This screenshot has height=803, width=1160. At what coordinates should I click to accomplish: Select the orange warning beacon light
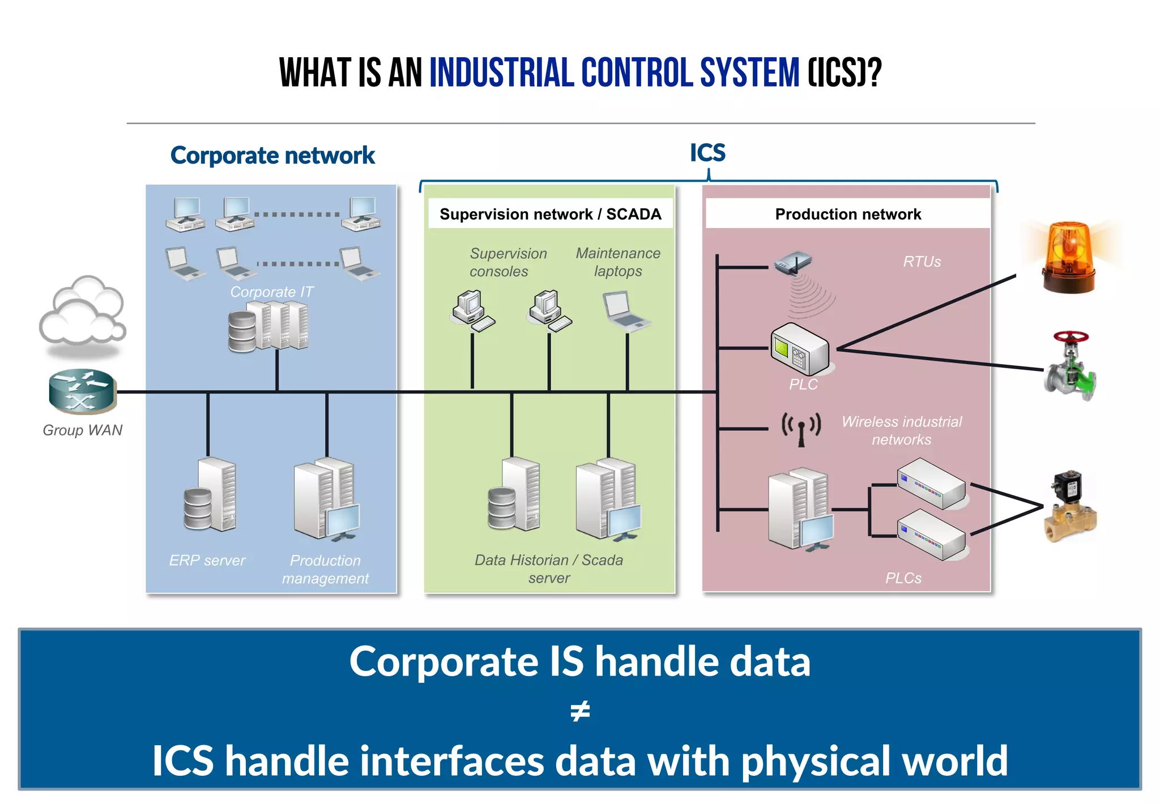click(1068, 258)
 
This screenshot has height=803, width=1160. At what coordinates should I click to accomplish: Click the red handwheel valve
click(1070, 367)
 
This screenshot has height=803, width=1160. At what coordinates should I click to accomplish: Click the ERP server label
click(207, 560)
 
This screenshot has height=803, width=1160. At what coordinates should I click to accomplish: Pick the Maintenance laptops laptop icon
click(625, 310)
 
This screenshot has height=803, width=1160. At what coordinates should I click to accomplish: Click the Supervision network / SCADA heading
click(550, 214)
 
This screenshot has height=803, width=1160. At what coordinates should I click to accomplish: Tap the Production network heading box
click(847, 214)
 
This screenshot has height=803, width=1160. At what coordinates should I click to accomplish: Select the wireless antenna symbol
click(801, 429)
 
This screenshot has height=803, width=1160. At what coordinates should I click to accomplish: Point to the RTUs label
click(922, 262)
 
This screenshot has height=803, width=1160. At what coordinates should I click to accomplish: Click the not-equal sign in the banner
click(580, 711)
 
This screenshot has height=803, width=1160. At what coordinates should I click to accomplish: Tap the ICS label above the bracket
click(707, 153)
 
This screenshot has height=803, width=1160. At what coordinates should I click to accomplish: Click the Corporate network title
click(272, 155)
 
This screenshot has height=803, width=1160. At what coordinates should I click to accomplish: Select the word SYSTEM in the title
click(749, 73)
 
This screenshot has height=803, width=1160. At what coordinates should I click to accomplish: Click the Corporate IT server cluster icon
click(268, 326)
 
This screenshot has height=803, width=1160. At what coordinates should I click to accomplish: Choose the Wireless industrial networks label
click(901, 430)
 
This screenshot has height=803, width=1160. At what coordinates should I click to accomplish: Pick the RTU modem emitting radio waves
click(793, 264)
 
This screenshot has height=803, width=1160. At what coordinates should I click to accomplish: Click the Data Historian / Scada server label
click(548, 569)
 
